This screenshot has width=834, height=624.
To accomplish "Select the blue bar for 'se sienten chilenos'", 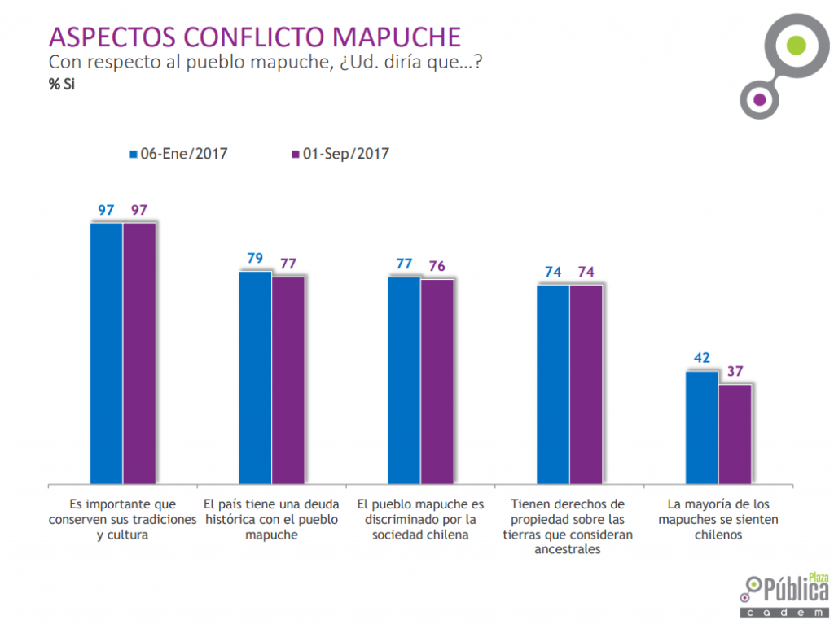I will pyautogui.click(x=702, y=426).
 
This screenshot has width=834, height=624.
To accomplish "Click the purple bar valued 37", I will pyautogui.click(x=735, y=433).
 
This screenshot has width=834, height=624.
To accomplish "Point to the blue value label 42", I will pyautogui.click(x=702, y=358).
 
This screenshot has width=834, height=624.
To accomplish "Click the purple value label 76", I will pyautogui.click(x=437, y=266).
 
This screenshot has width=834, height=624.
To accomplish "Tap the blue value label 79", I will pyautogui.click(x=255, y=259).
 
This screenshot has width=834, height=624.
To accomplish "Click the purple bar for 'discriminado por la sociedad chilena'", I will pyautogui.click(x=437, y=381).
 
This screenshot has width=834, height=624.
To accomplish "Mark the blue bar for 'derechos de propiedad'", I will pyautogui.click(x=553, y=383).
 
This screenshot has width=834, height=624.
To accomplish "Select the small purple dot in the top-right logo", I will pyautogui.click(x=760, y=100).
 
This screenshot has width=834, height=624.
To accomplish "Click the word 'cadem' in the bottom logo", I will pyautogui.click(x=785, y=610).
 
